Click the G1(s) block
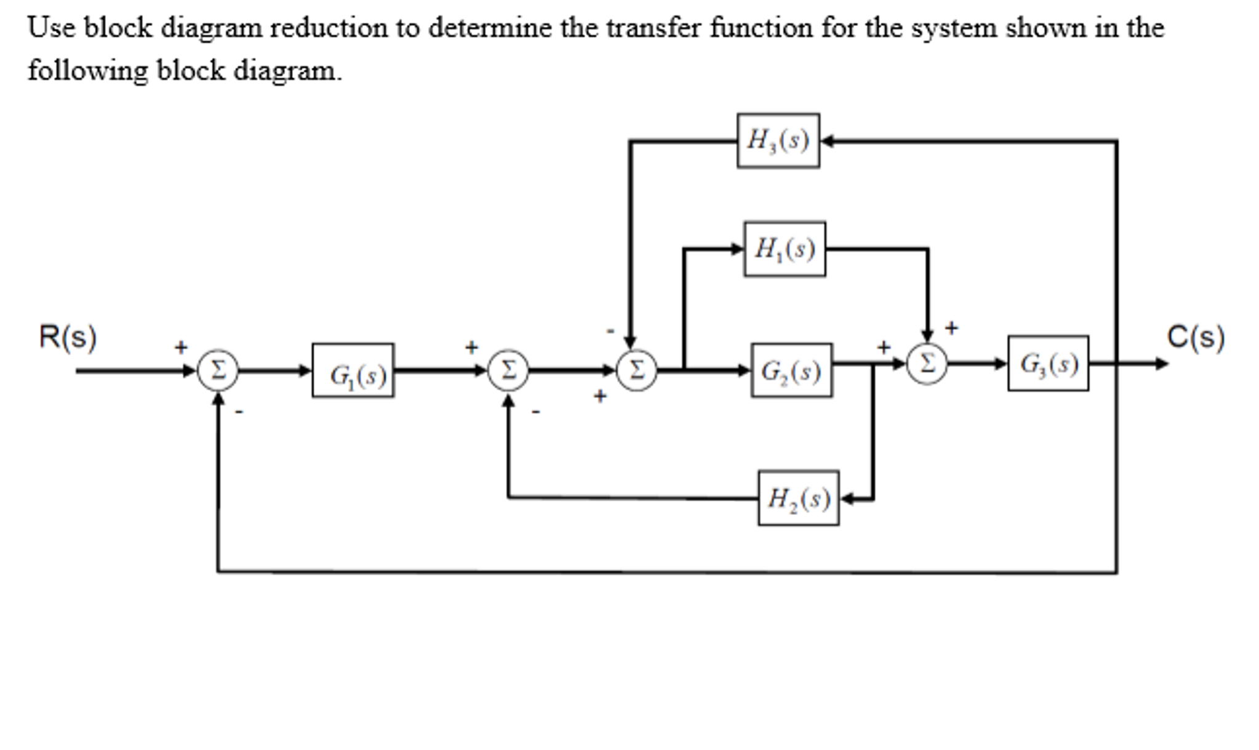coord(353,370)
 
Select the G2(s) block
coord(791,370)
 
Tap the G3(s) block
coord(1048,364)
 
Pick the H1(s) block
coord(785,249)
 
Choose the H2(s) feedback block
coord(798,498)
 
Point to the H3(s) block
coord(778,141)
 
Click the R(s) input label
coord(68,337)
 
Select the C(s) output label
coord(1196,337)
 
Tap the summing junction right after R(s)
coord(218,370)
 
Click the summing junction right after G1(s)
coord(508,370)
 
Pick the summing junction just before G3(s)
coord(927,364)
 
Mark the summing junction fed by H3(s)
coord(636,370)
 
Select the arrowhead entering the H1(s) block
coord(737,249)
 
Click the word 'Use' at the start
coord(51,28)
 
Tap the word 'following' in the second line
coord(88,71)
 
